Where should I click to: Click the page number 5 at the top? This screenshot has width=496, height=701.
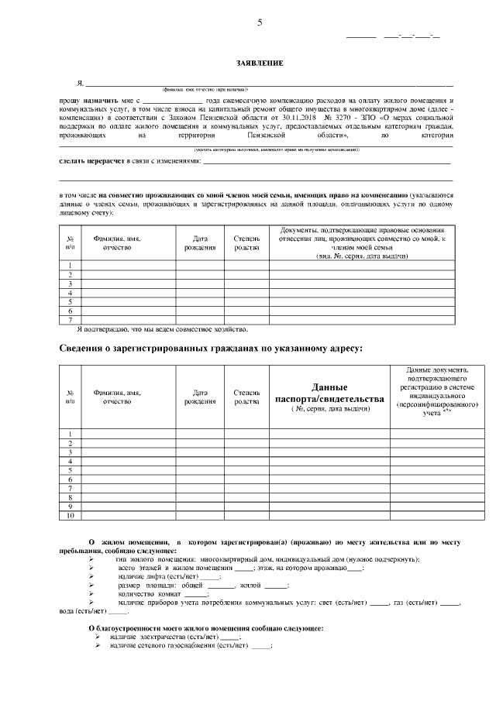point(260,22)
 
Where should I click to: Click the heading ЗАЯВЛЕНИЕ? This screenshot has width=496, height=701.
point(260,63)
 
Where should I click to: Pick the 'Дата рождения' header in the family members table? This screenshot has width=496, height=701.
point(199,243)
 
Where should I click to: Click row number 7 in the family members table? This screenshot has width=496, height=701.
point(71,319)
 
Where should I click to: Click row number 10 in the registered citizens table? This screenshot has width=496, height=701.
point(71,515)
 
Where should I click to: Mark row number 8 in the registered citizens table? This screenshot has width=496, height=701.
point(71,497)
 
